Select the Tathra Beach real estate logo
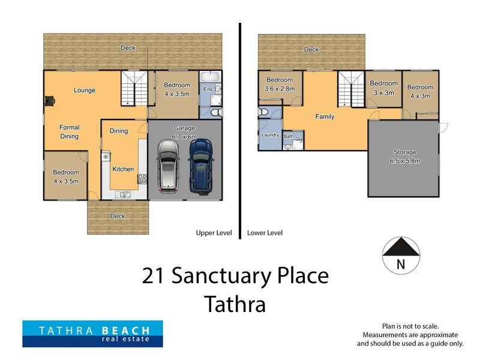point(92,334)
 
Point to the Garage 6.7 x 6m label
point(185,132)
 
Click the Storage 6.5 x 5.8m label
point(404,157)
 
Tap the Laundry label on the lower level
point(270,135)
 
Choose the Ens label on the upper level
point(208,89)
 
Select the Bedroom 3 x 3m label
point(383,88)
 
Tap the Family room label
point(325,116)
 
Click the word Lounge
point(85,91)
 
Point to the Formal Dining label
point(69,131)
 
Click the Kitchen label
point(123,169)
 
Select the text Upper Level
point(214,233)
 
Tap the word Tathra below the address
point(235,304)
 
